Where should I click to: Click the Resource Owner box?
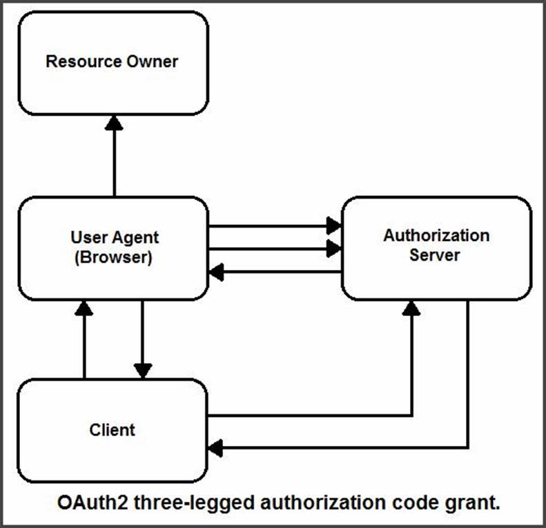pos(113,63)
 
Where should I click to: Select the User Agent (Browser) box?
pos(113,248)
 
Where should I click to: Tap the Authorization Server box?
pos(437,248)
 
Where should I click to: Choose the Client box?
pos(113,431)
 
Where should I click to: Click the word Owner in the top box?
pos(152,61)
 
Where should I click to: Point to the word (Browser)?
pos(113,257)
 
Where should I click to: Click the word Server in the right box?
pos(435,255)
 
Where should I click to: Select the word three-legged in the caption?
pos(194,503)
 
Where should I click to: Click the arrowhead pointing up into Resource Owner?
pos(114,123)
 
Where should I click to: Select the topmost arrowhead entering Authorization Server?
pos(333,226)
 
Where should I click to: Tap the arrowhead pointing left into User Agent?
pos(216,272)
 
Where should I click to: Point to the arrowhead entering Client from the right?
pos(215,448)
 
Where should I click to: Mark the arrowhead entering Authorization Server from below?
pos(411,308)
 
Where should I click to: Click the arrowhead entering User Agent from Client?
pos(84,308)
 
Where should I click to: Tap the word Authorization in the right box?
pos(437,235)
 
